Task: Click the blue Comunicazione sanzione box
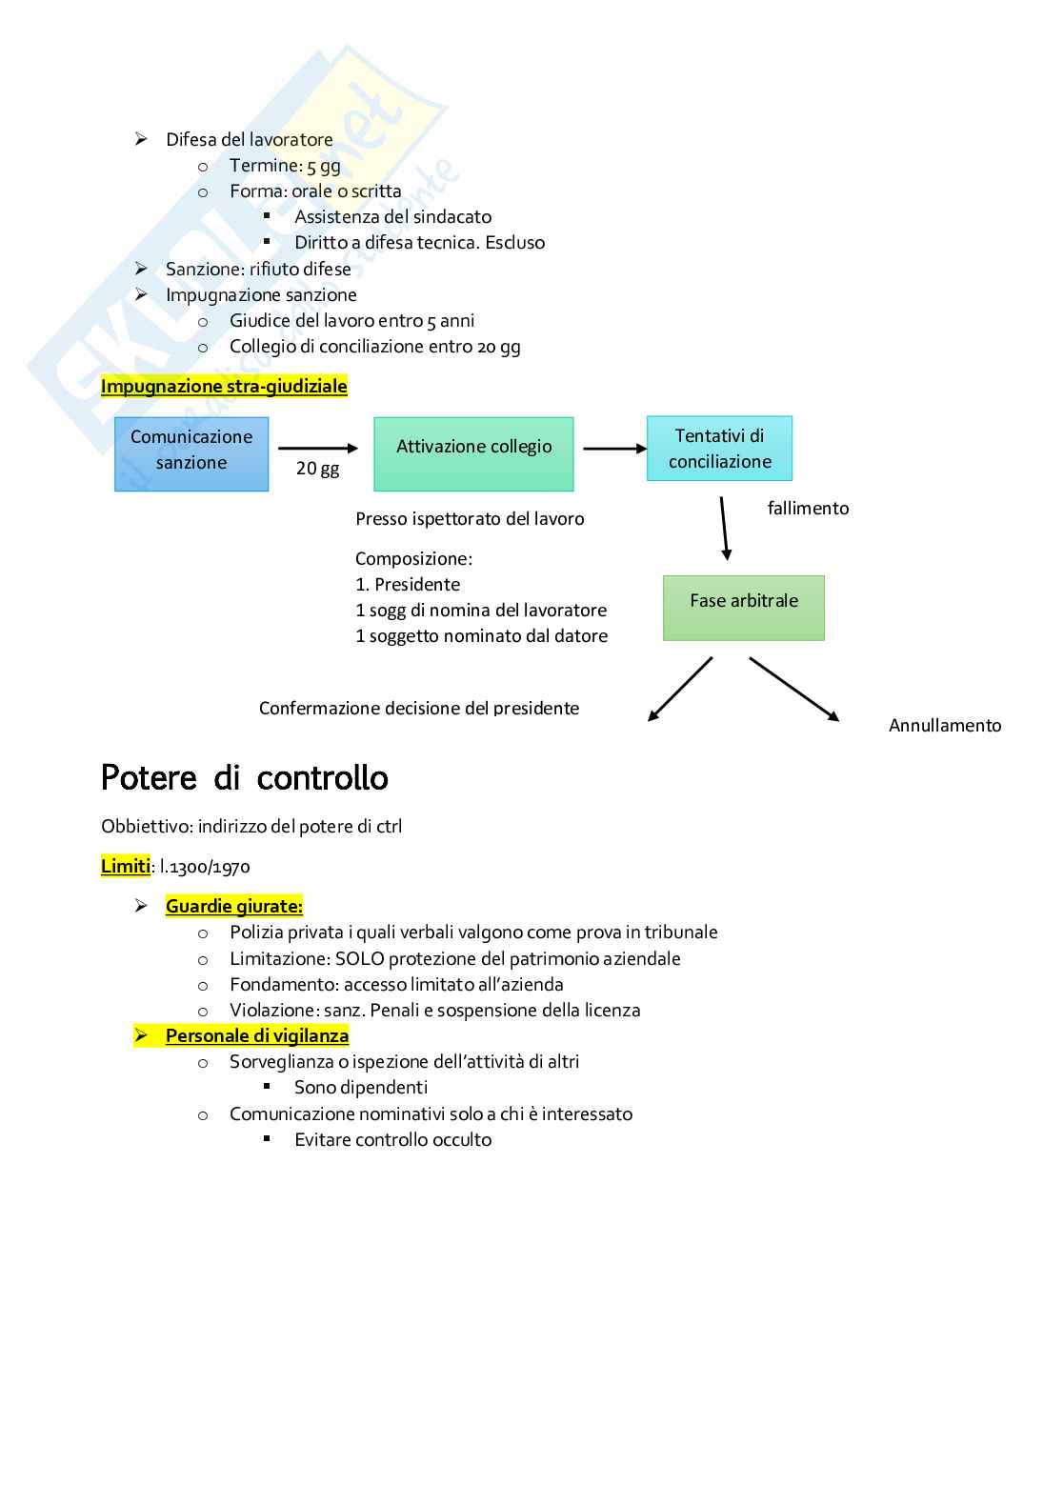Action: (x=191, y=453)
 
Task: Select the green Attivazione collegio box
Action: (x=473, y=453)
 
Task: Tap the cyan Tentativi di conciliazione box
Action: (x=719, y=448)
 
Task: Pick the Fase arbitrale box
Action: (x=743, y=607)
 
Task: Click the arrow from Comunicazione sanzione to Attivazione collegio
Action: (x=317, y=448)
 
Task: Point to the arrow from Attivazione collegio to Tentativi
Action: (x=614, y=448)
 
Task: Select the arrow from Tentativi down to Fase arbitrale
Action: (x=724, y=528)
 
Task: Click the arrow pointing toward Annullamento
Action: (x=793, y=688)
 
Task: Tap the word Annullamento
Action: (x=945, y=726)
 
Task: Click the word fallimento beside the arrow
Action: (x=808, y=509)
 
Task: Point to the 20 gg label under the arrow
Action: (x=317, y=469)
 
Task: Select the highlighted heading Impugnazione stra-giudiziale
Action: (x=224, y=386)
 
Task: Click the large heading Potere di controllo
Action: (x=245, y=777)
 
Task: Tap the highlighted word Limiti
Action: (x=126, y=866)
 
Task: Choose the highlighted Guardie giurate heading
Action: (x=234, y=906)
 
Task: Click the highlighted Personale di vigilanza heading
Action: (x=257, y=1035)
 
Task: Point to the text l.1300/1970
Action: (x=205, y=867)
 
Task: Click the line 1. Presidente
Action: (x=408, y=585)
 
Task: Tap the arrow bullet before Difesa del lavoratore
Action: (x=141, y=139)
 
